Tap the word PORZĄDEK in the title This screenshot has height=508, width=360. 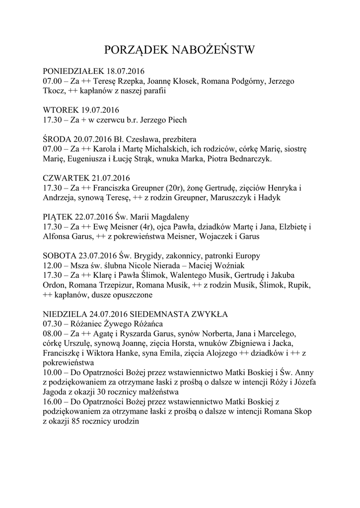click(x=136, y=50)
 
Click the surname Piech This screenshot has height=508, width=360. click(x=177, y=120)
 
